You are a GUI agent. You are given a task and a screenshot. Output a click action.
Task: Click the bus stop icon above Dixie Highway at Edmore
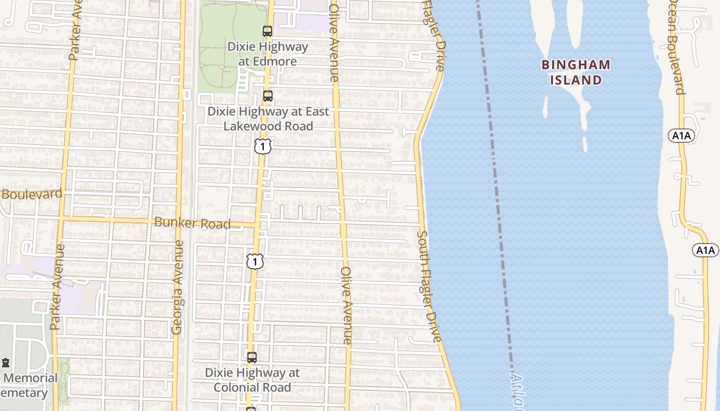pyautogui.click(x=267, y=31)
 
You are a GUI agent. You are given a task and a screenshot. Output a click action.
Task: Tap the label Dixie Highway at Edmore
pyautogui.click(x=268, y=54)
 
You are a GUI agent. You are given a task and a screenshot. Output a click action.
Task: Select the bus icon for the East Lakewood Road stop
pyautogui.click(x=267, y=96)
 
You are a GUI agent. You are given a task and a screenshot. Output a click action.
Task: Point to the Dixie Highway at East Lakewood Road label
pyautogui.click(x=267, y=119)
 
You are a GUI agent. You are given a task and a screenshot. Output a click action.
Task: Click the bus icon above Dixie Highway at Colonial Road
pyautogui.click(x=252, y=358)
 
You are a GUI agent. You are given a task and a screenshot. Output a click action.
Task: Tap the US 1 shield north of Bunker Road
pyautogui.click(x=262, y=147)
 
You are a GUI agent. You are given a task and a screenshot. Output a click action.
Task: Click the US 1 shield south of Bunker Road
pyautogui.click(x=255, y=261)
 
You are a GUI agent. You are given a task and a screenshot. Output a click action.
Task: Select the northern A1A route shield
pyautogui.click(x=681, y=136)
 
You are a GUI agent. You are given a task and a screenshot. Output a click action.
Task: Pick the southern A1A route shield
pyautogui.click(x=706, y=250)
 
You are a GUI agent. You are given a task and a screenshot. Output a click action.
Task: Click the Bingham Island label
pyautogui.click(x=576, y=72)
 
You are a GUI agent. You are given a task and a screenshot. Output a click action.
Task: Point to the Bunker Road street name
pyautogui.click(x=192, y=223)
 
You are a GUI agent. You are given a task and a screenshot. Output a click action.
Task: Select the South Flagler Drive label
pyautogui.click(x=429, y=287)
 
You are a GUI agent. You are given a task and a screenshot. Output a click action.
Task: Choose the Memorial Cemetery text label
pyautogui.click(x=29, y=385)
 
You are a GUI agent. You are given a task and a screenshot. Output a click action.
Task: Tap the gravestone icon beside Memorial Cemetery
pyautogui.click(x=6, y=363)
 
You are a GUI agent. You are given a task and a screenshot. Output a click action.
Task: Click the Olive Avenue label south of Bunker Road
pyautogui.click(x=347, y=305)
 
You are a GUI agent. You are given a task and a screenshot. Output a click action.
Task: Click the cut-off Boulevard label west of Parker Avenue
pyautogui.click(x=32, y=194)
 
